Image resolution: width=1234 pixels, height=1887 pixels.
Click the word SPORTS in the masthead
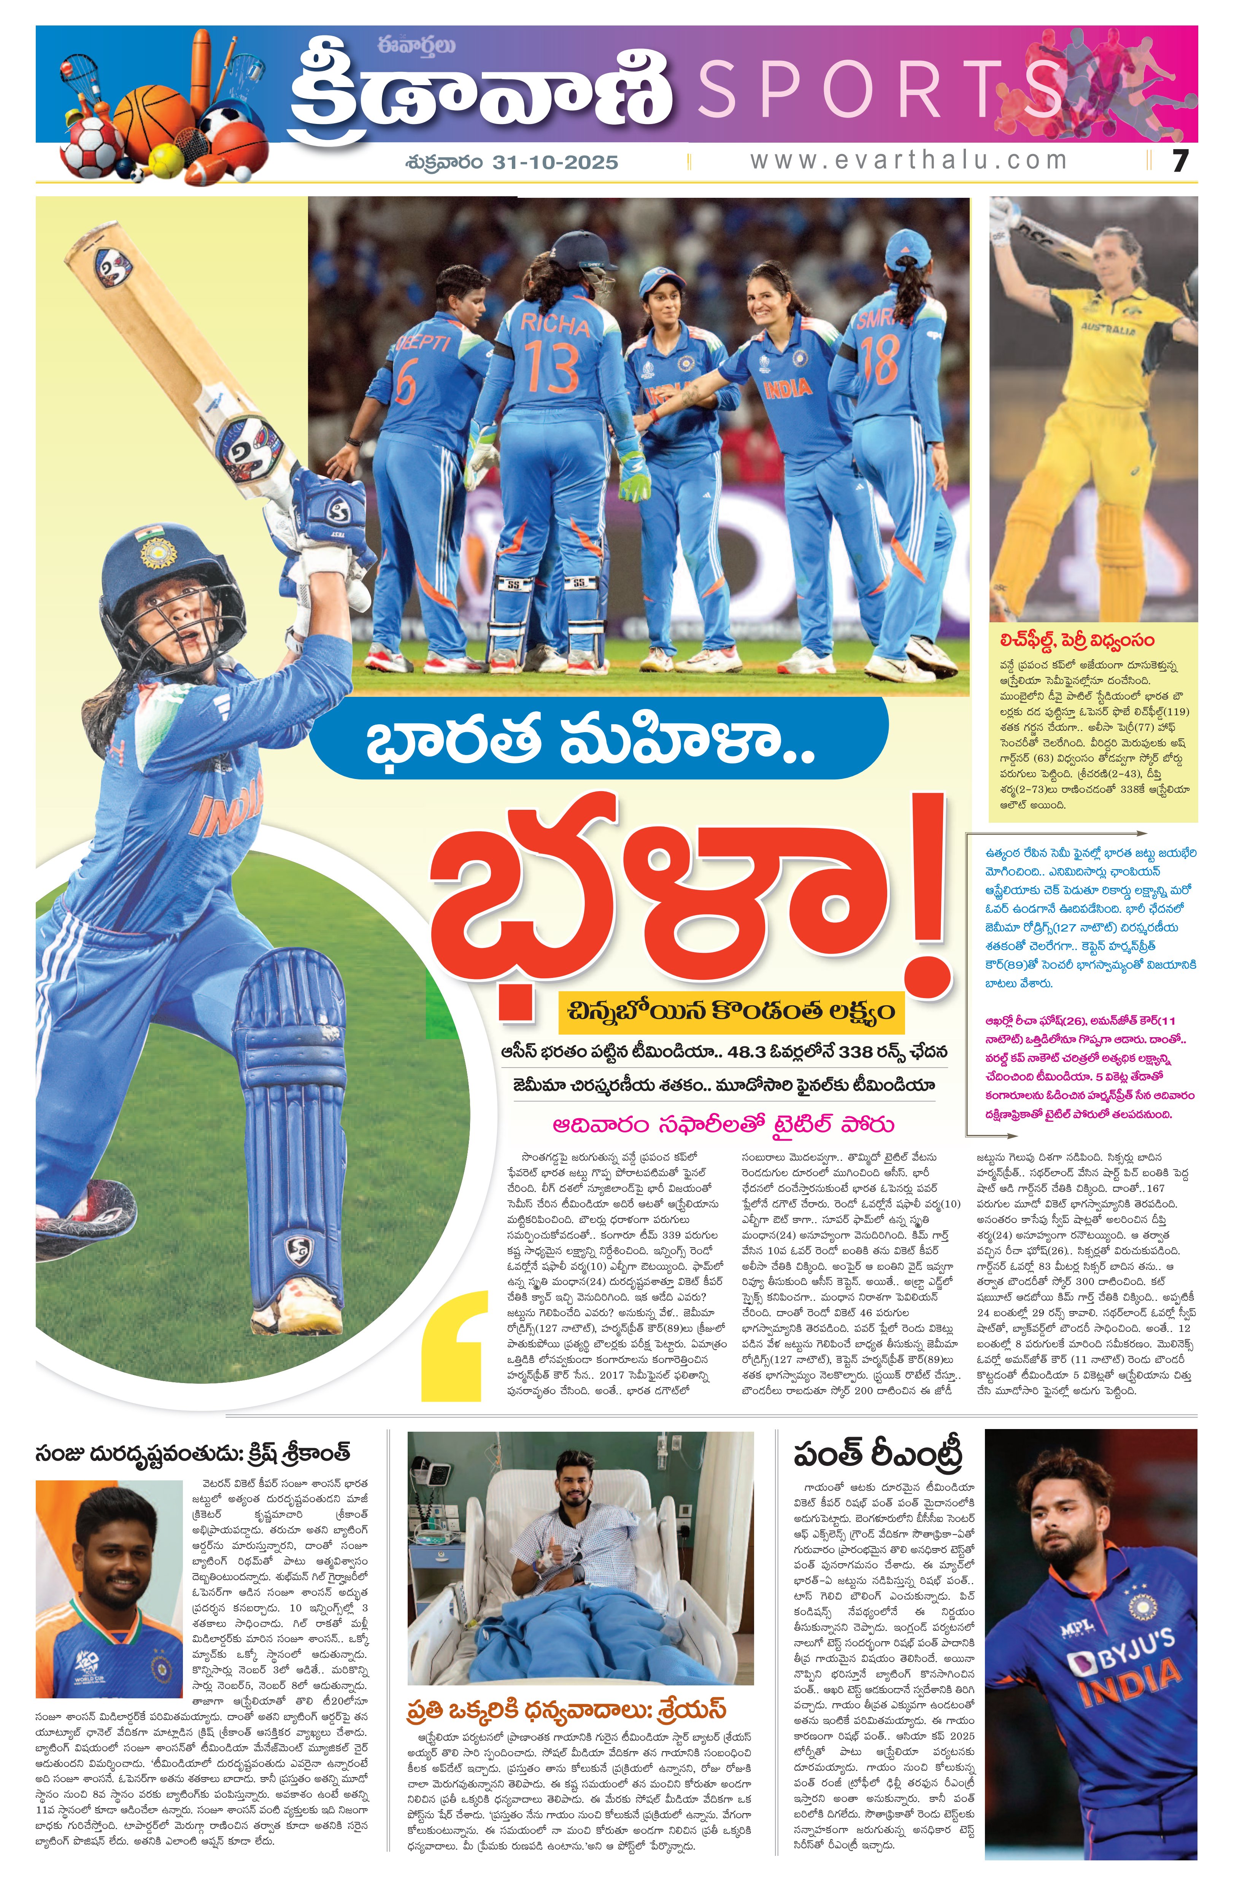(880, 89)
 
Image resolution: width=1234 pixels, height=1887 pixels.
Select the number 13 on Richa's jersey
(553, 366)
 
